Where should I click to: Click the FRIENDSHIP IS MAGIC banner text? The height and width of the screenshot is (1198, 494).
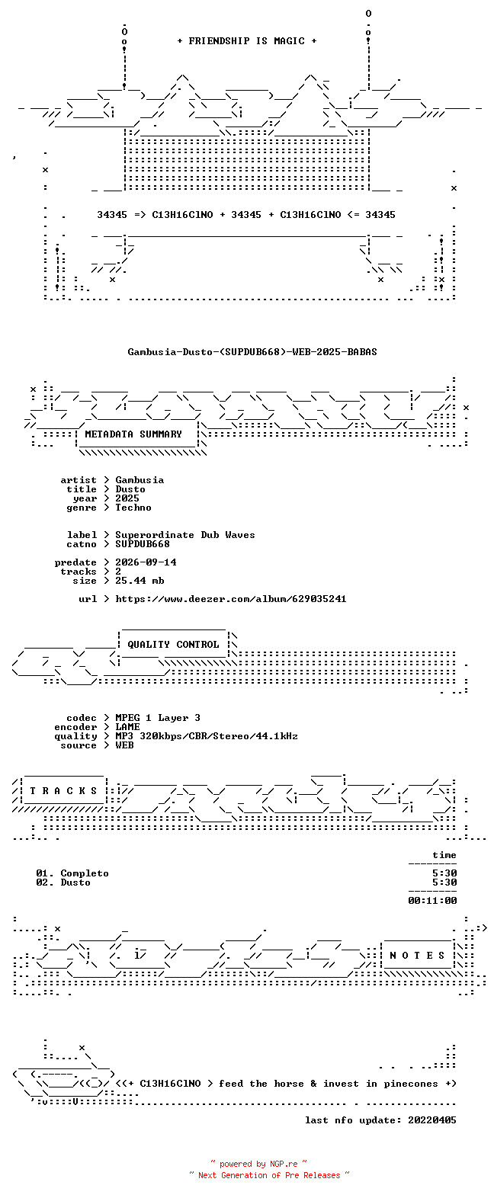[247, 41]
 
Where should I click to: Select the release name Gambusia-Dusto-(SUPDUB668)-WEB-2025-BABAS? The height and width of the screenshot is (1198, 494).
[252, 352]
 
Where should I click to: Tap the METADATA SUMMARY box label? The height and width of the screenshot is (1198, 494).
[133, 434]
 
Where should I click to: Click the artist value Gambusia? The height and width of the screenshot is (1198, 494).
[140, 480]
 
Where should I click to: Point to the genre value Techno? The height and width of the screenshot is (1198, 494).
[133, 508]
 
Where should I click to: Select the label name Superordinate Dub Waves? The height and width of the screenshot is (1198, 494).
[185, 535]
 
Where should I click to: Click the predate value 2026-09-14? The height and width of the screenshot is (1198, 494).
[146, 562]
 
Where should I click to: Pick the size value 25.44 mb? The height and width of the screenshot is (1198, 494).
[140, 581]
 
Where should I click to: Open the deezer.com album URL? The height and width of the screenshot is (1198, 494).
[231, 599]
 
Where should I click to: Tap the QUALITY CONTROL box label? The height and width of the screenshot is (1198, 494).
[173, 645]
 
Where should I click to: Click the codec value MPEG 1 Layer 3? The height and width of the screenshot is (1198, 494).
[158, 718]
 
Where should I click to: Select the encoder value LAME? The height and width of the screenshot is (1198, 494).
[127, 727]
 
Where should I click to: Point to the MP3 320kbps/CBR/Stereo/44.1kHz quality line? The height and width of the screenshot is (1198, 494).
[207, 736]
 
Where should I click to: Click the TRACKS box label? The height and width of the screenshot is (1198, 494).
[63, 791]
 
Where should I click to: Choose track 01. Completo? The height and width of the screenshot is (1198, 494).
[72, 873]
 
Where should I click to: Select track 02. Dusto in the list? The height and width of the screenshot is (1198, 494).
[63, 882]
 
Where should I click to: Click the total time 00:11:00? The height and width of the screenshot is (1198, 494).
[432, 901]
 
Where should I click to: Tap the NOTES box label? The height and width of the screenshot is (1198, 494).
[417, 956]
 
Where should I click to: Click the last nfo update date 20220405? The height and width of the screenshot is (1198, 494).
[432, 1120]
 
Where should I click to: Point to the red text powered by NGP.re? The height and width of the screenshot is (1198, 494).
[258, 1164]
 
